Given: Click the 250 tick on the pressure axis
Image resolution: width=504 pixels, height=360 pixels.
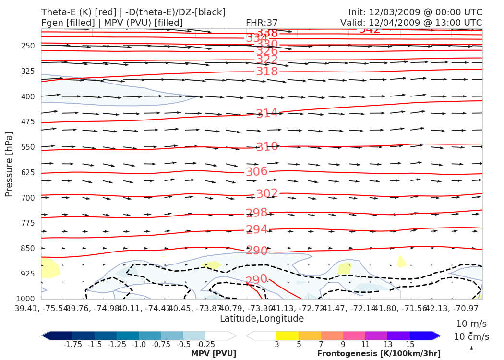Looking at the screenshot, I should click(x=28, y=46).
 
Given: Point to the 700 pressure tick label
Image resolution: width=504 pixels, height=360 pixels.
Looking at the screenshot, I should click(x=28, y=198).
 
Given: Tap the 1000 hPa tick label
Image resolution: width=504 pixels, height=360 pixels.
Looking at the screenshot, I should click(x=26, y=299).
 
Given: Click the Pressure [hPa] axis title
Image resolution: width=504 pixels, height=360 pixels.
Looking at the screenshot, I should click(x=9, y=164).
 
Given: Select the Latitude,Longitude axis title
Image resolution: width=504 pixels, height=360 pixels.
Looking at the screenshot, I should click(x=262, y=319).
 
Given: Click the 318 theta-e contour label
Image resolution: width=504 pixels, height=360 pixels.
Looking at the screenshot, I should click(x=267, y=72).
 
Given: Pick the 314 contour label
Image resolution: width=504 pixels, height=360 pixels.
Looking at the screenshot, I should click(x=267, y=113).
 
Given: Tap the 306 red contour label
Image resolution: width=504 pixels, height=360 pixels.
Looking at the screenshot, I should click(x=256, y=172).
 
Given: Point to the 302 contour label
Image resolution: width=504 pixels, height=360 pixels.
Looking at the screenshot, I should click(x=267, y=193).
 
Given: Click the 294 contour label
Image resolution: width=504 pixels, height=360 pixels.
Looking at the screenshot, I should click(x=256, y=229).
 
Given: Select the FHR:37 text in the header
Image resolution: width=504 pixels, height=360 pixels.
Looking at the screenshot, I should click(x=262, y=23).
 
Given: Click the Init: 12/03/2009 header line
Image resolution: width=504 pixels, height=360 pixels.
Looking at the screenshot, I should click(x=415, y=12).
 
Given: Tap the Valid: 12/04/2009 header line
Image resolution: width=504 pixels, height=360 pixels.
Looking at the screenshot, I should click(x=411, y=23).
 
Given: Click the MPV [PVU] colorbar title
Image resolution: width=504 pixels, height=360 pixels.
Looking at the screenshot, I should click(x=214, y=354).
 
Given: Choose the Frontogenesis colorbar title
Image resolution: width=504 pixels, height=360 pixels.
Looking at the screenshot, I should click(x=379, y=354).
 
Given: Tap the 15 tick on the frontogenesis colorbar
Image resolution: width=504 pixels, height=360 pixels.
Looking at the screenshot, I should click(x=409, y=345).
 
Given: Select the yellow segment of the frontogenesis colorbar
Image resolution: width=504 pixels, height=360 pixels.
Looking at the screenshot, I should click(x=287, y=336).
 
